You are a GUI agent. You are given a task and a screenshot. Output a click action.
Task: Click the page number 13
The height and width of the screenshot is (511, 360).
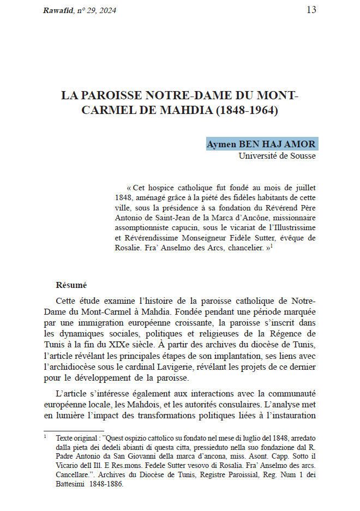coord(311,10)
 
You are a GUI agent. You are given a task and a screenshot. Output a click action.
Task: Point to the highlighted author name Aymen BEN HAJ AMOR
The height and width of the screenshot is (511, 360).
coord(261,145)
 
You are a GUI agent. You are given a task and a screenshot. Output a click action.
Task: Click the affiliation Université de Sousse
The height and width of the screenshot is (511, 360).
coord(277,156)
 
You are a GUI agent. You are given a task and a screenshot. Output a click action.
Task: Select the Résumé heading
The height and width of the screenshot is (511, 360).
coord(71,285)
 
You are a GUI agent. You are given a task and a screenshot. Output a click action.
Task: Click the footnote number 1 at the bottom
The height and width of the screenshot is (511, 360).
coord(46,436)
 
